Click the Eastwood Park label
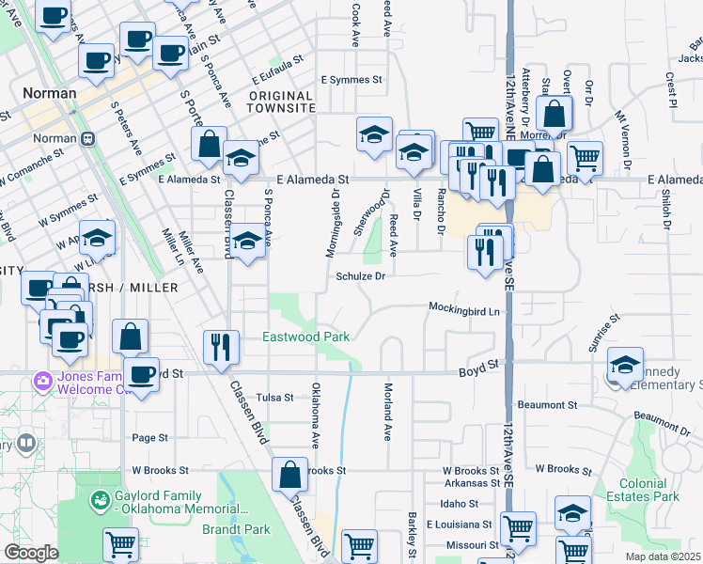pos(305,337)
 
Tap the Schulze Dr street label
pos(361,276)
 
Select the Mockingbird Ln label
pos(464,307)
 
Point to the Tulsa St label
pos(275,398)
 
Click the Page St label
pos(149,437)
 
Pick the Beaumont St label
pos(546,404)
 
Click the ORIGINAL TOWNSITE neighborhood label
pos(282,102)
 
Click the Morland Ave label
pos(387,412)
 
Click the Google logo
pos(31,552)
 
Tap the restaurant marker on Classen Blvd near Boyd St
pos(222,348)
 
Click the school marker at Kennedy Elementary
pos(625,367)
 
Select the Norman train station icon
pos(87,138)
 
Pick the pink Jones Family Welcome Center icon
pos(41,381)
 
